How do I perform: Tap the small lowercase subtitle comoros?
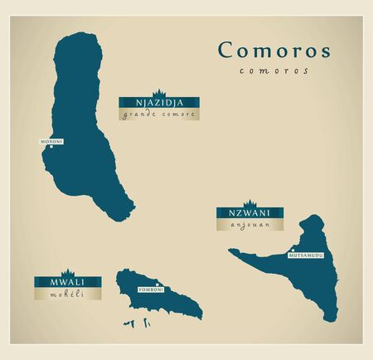coord(274,71)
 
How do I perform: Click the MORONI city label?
coord(51,142)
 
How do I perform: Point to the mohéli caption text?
coord(68,293)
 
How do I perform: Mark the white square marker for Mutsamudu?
coord(293,249)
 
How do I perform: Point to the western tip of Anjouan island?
coord(229,255)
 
